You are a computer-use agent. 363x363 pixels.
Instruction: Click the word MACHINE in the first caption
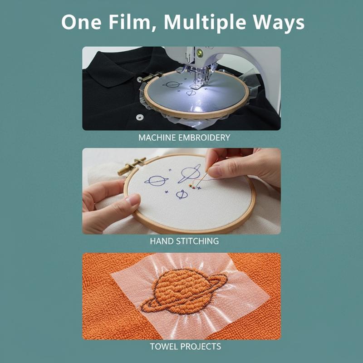tap(157, 137)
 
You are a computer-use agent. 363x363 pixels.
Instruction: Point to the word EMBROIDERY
tap(204, 137)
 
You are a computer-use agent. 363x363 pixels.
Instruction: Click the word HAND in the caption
tap(162, 241)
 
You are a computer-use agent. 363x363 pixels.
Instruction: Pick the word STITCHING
tap(197, 241)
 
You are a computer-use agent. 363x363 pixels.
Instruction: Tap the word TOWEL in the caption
tap(164, 347)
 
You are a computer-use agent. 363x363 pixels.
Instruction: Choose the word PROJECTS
tap(201, 347)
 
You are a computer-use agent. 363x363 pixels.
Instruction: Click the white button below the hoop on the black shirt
tap(139, 117)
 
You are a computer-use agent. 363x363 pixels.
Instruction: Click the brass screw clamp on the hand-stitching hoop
tap(132, 166)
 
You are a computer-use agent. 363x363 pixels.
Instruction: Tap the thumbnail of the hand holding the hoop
tap(133, 200)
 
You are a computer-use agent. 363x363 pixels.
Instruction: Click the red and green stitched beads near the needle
tap(192, 186)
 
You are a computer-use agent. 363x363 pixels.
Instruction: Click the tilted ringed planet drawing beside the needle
tap(189, 173)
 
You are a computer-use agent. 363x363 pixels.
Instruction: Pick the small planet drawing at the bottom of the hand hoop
tap(182, 195)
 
